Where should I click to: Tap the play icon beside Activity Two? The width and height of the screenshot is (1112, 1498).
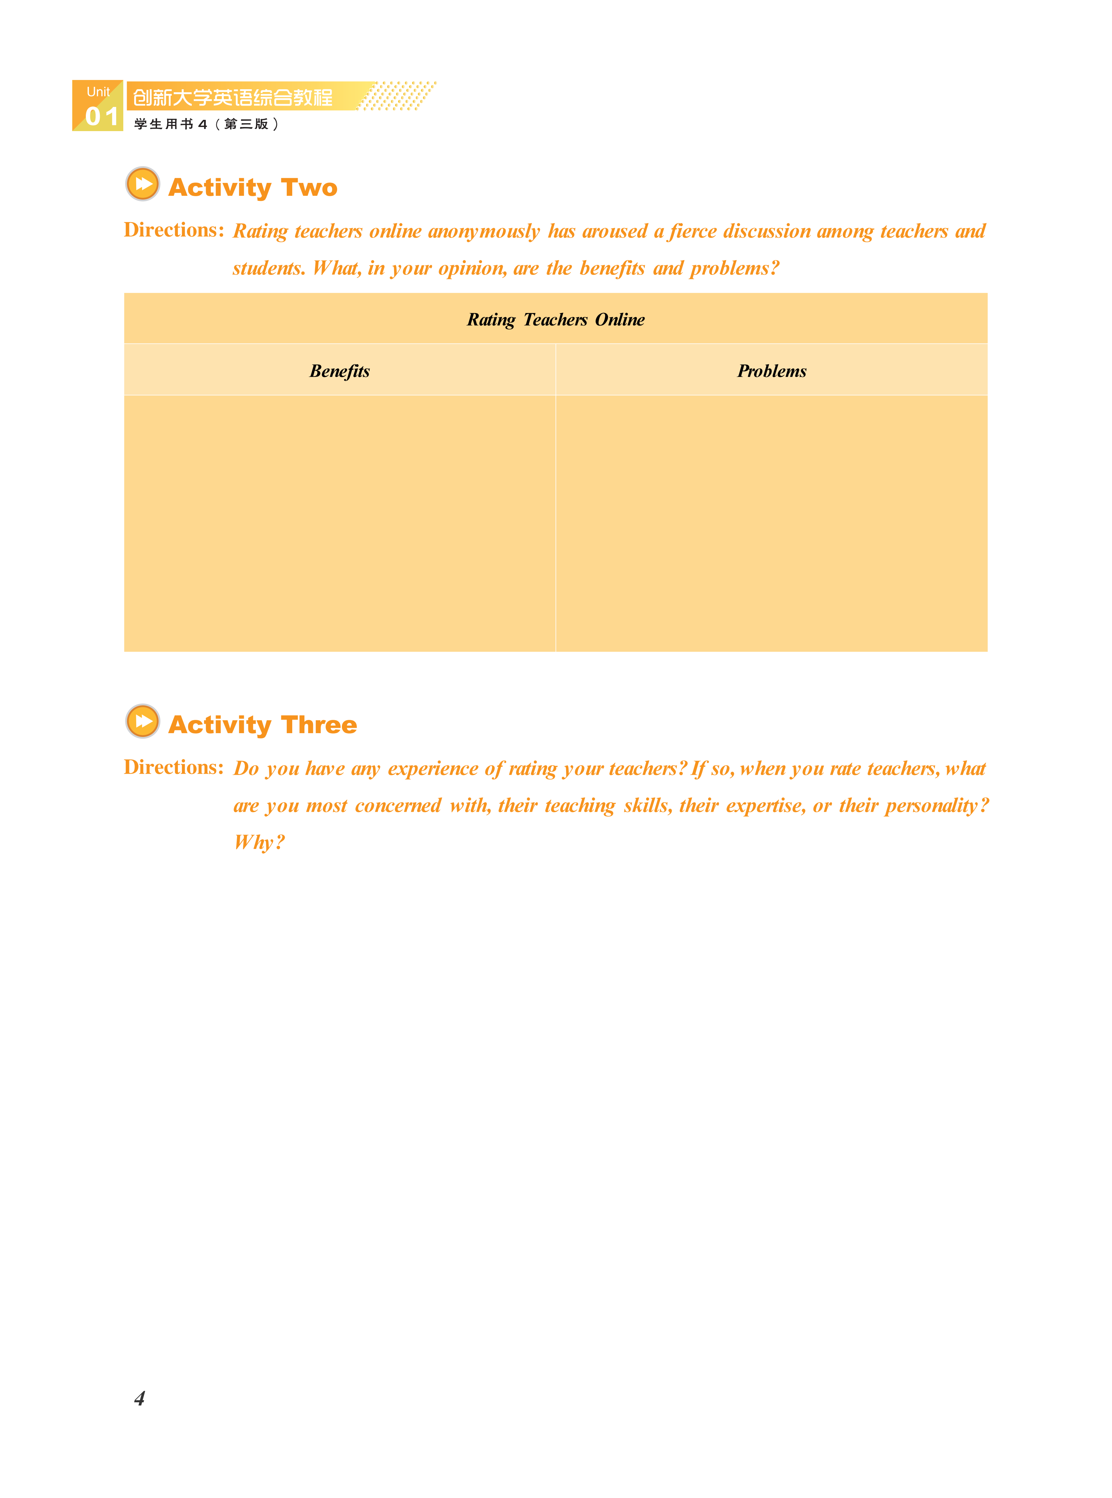143,184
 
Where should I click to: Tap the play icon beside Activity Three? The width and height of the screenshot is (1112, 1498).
143,721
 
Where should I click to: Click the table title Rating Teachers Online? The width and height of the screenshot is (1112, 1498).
555,320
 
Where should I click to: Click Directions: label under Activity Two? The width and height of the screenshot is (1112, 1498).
174,230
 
